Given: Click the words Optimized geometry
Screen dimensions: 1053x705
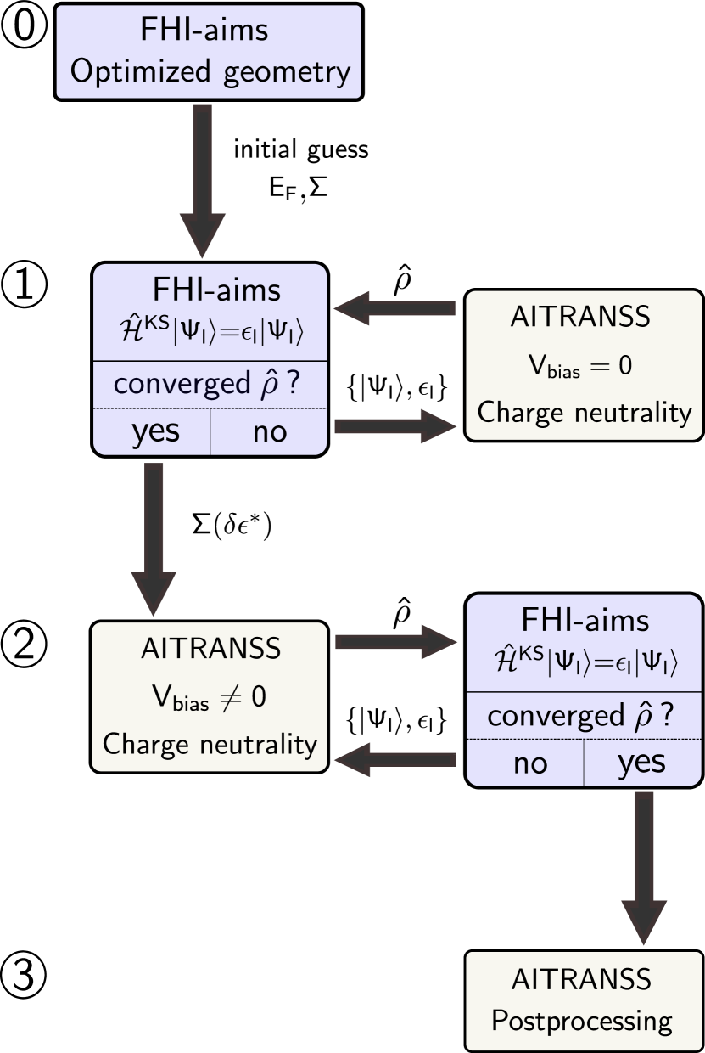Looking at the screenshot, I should click(210, 72).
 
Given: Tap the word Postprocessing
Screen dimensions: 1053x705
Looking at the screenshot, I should click(582, 1020).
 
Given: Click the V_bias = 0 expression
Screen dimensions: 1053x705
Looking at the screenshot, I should click(582, 366).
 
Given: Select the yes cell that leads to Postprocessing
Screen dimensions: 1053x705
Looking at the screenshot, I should click(641, 763).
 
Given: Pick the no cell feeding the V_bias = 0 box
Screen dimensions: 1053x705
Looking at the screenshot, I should click(270, 432).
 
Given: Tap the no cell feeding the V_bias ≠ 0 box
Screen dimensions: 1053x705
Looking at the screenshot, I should click(530, 763).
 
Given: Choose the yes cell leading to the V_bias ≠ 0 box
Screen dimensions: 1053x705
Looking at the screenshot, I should click(155, 431).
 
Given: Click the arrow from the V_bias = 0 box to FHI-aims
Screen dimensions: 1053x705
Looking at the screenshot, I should click(396, 307).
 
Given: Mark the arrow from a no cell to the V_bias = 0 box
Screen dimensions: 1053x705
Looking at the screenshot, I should click(396, 426).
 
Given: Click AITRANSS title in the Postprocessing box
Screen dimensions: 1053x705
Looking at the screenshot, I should click(582, 979).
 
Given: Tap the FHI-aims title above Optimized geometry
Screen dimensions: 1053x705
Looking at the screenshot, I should click(204, 30).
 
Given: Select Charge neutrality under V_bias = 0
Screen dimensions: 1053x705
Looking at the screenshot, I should click(585, 413).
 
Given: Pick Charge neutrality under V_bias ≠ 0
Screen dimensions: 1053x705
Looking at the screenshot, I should click(210, 744).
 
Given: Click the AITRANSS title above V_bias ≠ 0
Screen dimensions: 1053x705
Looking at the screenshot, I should click(210, 649).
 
